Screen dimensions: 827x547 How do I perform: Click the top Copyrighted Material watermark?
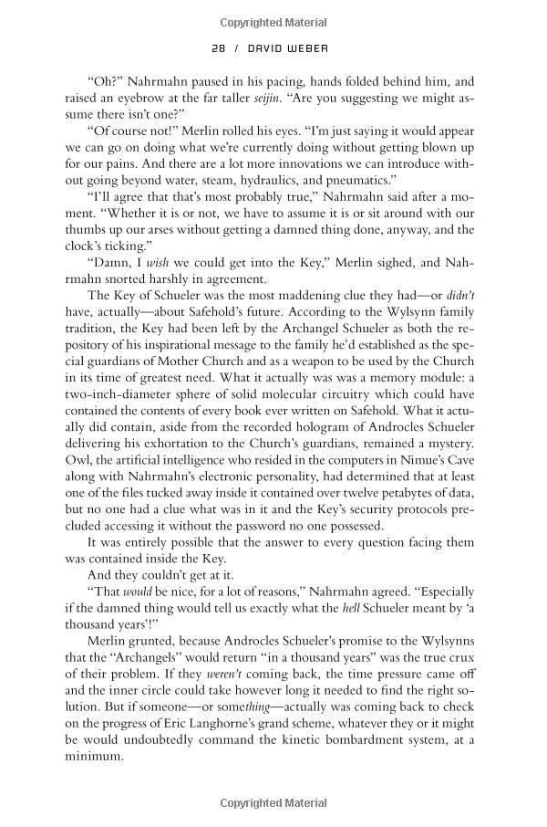[x=273, y=18]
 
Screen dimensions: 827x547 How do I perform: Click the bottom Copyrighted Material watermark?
[x=273, y=802]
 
